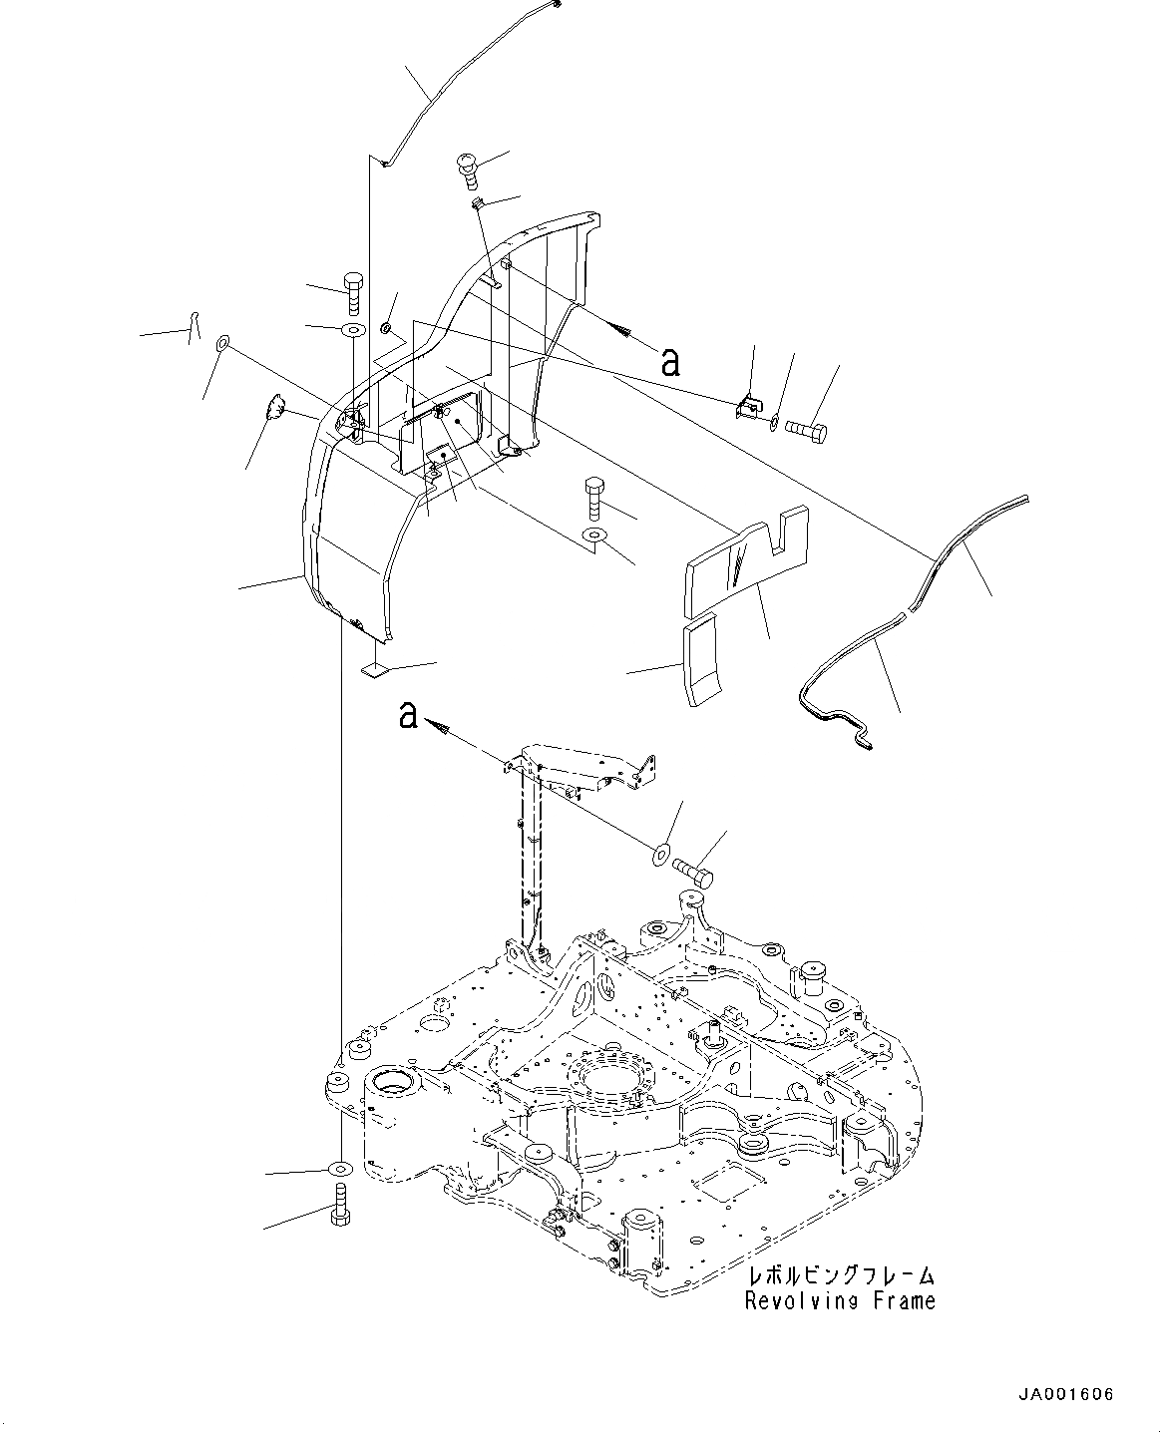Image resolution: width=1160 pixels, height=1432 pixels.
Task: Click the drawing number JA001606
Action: (x=1066, y=1394)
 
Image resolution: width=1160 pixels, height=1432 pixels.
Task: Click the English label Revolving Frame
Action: (x=840, y=1300)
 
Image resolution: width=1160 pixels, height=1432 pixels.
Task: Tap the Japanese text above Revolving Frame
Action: (x=841, y=1276)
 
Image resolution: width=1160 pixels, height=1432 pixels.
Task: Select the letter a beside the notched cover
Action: (x=670, y=360)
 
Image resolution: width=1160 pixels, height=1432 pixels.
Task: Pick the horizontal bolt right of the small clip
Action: (x=805, y=431)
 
